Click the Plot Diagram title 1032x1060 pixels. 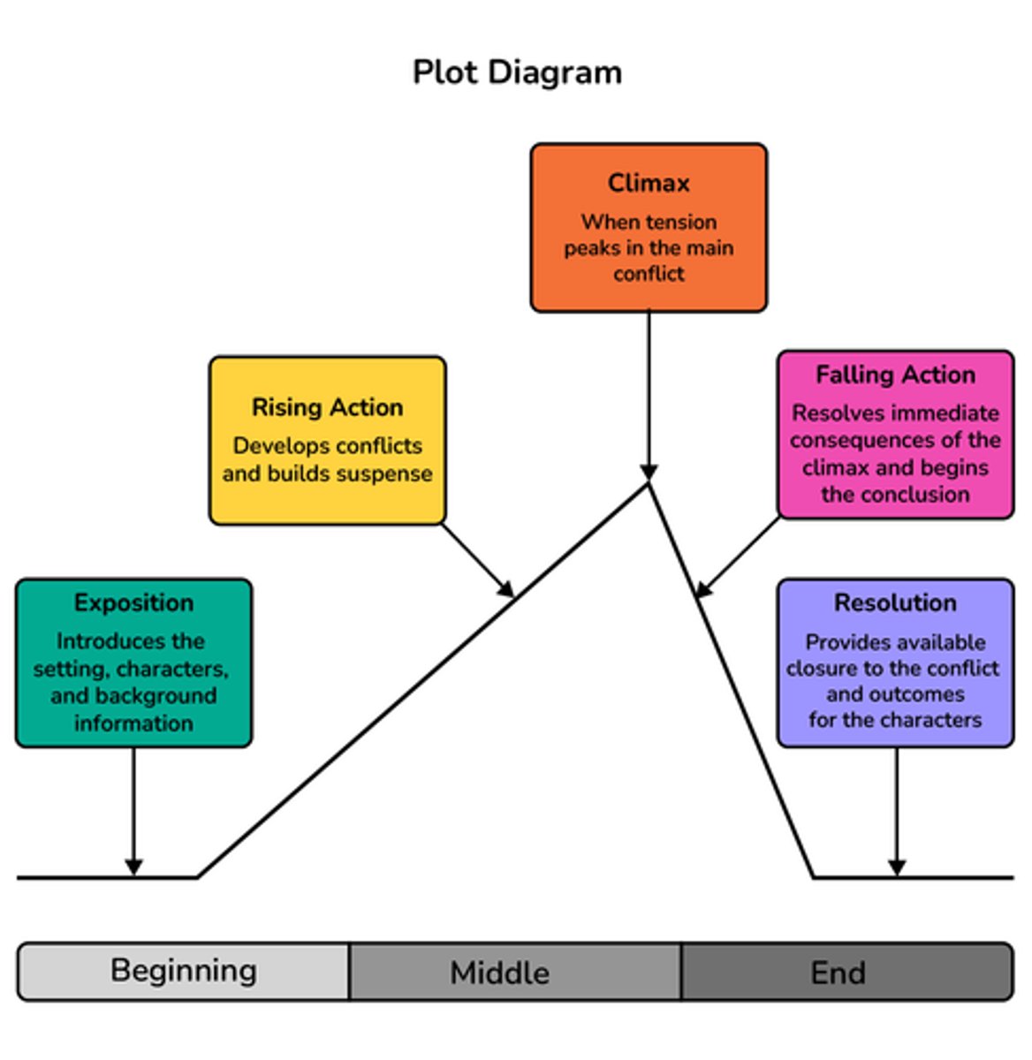coord(517,72)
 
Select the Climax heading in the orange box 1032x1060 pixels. coord(649,183)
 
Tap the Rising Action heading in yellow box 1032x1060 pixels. coord(327,407)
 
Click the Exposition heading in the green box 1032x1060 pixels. coord(133,603)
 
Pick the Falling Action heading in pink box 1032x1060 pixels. coord(895,375)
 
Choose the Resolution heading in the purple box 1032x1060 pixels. coord(895,602)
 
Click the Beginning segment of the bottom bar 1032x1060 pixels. coord(184,971)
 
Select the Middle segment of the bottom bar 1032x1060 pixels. coord(499,973)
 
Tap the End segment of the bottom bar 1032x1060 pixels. coord(838,973)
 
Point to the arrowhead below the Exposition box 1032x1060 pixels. coord(133,867)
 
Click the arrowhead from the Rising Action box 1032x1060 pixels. coord(506,589)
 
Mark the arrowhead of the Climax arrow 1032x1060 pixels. coord(649,472)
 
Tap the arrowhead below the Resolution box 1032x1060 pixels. coord(897,867)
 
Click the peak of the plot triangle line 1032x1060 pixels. coord(649,484)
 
